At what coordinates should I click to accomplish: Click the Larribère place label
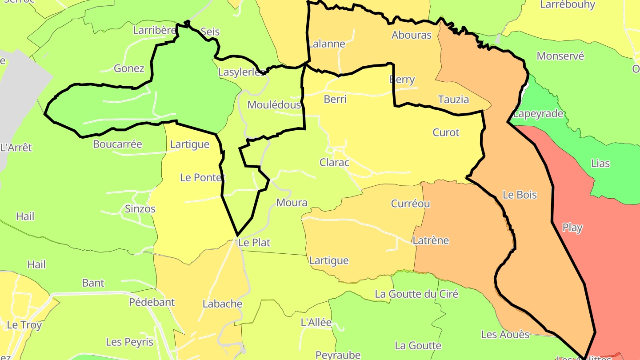click(155, 30)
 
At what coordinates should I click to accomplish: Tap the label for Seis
click(210, 32)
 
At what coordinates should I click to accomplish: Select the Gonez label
click(129, 68)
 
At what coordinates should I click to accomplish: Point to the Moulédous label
click(274, 105)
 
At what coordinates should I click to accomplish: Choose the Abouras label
click(411, 35)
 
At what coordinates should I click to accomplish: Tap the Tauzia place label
click(453, 99)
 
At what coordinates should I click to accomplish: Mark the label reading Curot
click(446, 132)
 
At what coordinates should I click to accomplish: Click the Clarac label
click(334, 162)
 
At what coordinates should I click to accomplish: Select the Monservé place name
click(560, 56)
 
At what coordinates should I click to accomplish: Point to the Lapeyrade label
click(538, 113)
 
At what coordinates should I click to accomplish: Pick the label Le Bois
click(520, 195)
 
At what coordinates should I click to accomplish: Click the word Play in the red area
click(572, 228)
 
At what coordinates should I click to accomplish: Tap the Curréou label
click(410, 204)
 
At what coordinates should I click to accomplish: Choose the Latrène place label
click(431, 240)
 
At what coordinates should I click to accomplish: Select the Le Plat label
click(254, 243)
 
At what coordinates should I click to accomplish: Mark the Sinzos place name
click(140, 208)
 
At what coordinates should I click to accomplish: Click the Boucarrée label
click(117, 144)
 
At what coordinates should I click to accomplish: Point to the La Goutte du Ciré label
click(416, 294)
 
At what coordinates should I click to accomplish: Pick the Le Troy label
click(24, 325)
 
